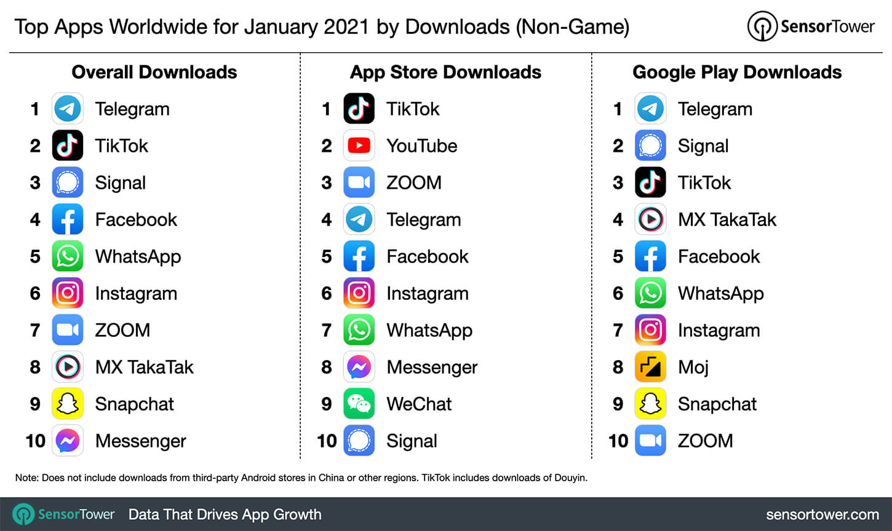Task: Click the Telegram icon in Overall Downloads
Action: (68, 109)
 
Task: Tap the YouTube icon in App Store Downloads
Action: (359, 146)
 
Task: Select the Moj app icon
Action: (650, 367)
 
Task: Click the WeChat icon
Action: (359, 404)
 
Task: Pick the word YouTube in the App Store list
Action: (421, 146)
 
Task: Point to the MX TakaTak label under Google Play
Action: (727, 219)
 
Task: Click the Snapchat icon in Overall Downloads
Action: (68, 404)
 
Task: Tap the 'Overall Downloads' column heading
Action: (154, 72)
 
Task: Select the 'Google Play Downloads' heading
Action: (737, 72)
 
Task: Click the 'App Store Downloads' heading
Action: (445, 72)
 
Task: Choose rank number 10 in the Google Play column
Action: (618, 441)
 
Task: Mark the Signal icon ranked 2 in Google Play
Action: (650, 146)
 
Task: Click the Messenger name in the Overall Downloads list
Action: (140, 441)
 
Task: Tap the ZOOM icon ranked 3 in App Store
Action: (359, 183)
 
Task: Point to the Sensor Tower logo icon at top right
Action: (762, 26)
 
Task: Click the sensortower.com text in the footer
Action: (822, 514)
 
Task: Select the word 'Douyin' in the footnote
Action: (570, 478)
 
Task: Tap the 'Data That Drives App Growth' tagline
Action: (225, 514)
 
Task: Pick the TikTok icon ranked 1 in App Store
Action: (359, 109)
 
